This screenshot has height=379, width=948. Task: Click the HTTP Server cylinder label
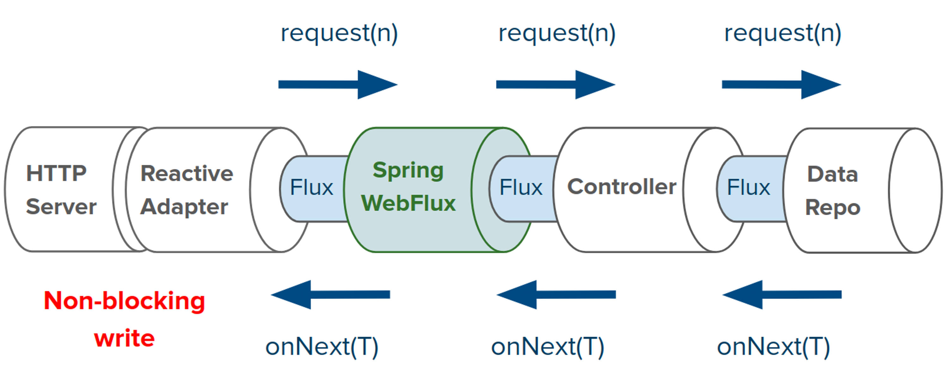click(x=61, y=190)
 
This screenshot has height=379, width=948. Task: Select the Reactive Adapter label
click(x=186, y=190)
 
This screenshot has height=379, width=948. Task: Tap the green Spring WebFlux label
click(x=409, y=187)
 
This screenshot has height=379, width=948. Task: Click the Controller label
click(x=622, y=187)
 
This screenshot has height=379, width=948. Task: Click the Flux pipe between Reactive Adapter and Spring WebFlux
click(x=312, y=188)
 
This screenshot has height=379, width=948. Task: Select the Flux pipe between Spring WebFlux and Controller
click(x=521, y=188)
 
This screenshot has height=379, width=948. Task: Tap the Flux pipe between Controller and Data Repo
click(x=749, y=188)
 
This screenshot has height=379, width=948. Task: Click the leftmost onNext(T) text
click(x=322, y=347)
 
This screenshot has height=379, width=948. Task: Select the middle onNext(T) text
click(x=548, y=347)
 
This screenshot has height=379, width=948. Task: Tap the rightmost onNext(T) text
click(x=774, y=347)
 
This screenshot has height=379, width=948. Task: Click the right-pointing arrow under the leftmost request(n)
click(x=337, y=85)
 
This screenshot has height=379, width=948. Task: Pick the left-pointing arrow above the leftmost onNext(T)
click(x=331, y=295)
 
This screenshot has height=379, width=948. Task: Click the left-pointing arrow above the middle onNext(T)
click(x=556, y=295)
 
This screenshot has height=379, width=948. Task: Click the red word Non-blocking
click(x=124, y=301)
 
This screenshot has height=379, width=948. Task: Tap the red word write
click(x=124, y=339)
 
